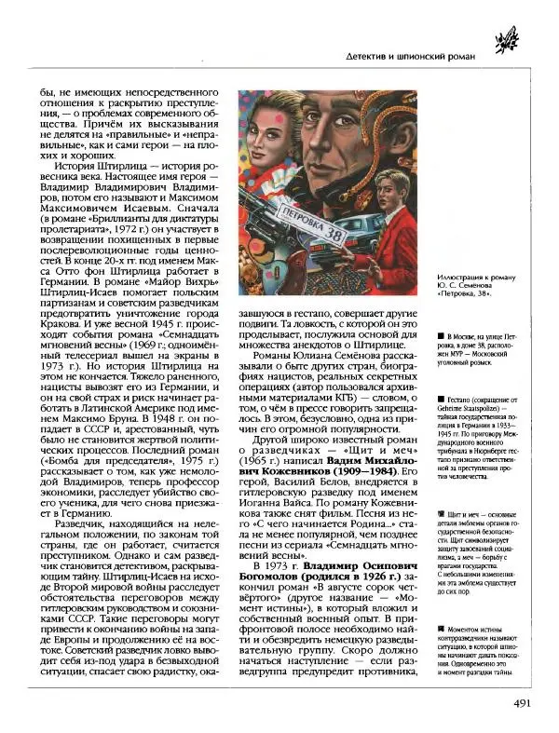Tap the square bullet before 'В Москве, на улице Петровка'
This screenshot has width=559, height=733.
(439, 333)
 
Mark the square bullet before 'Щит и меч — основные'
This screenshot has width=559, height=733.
(439, 513)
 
